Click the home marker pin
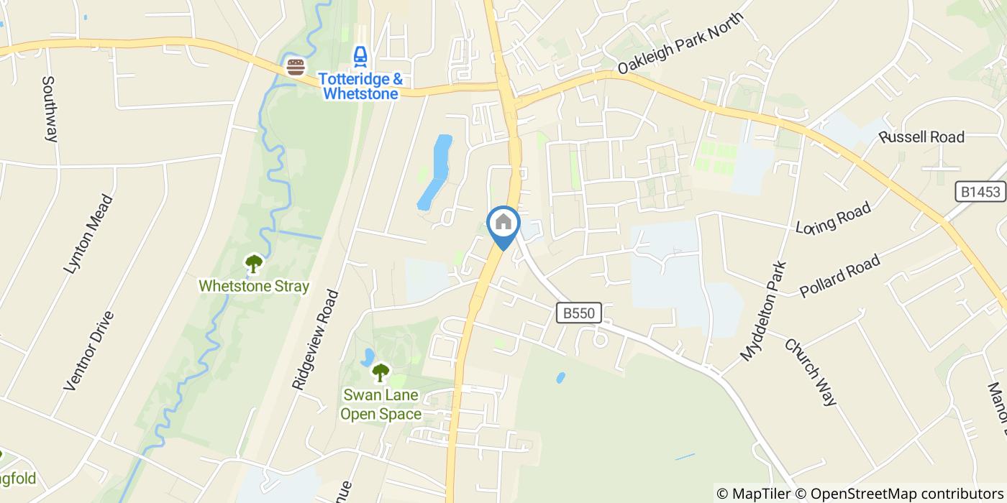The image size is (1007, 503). [x=503, y=223]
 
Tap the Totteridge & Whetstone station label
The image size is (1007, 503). [x=360, y=86]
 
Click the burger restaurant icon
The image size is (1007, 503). [x=296, y=68]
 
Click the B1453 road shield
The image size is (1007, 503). [x=980, y=192]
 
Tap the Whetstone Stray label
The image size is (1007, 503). [x=254, y=286]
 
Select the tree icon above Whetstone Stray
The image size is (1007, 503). [x=253, y=264]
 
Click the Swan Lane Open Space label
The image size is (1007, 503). [x=381, y=405]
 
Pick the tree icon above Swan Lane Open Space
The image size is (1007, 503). [x=380, y=372]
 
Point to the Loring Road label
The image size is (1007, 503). [x=834, y=218]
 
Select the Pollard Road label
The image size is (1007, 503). [x=840, y=276]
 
